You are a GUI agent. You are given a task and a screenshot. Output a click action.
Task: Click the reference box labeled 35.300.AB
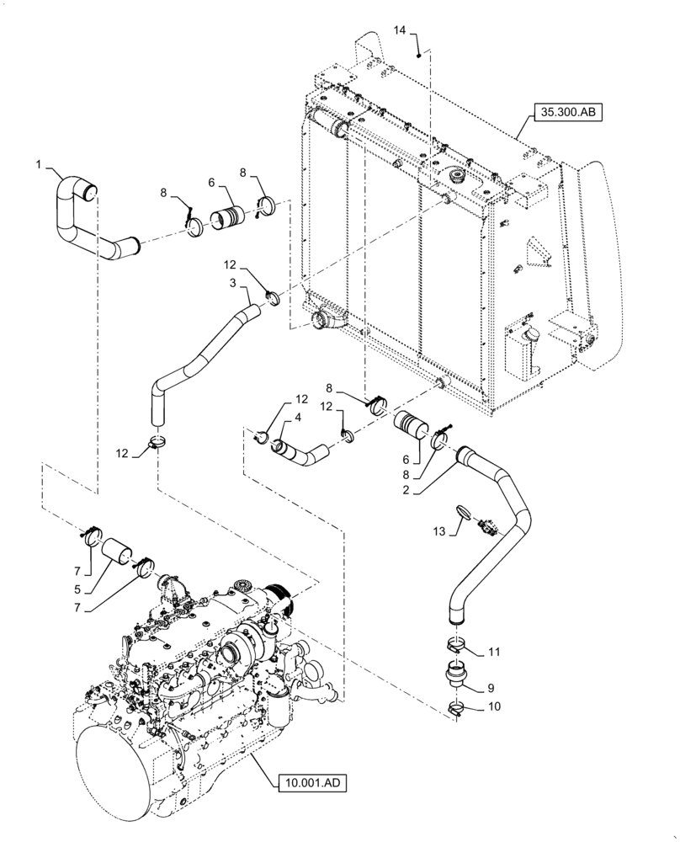pos(566,112)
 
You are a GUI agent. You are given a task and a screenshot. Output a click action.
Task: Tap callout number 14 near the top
pos(399,30)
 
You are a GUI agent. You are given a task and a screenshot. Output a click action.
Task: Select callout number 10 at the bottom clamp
pos(494,708)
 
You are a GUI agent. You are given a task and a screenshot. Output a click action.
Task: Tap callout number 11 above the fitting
pos(494,651)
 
